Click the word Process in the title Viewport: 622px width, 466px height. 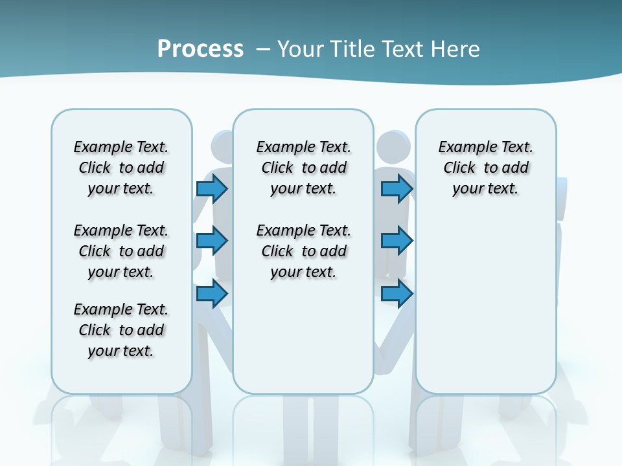coord(200,49)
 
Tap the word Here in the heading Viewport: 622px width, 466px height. coord(457,49)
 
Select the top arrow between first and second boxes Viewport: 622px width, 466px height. coord(212,189)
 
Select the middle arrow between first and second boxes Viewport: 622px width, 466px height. coord(212,241)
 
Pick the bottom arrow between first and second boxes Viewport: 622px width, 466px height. coord(212,294)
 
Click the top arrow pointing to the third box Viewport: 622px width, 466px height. coord(397,189)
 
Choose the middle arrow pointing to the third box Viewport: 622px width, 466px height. coord(397,241)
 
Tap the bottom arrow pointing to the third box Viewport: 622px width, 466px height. coord(397,294)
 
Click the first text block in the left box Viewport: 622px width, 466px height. coord(121,168)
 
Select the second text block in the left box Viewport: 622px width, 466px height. coord(121,251)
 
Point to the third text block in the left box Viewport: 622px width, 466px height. coord(121,330)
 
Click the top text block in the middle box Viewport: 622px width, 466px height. coord(304,168)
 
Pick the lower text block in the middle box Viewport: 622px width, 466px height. coord(304,251)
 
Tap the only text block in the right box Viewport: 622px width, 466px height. coord(486,168)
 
